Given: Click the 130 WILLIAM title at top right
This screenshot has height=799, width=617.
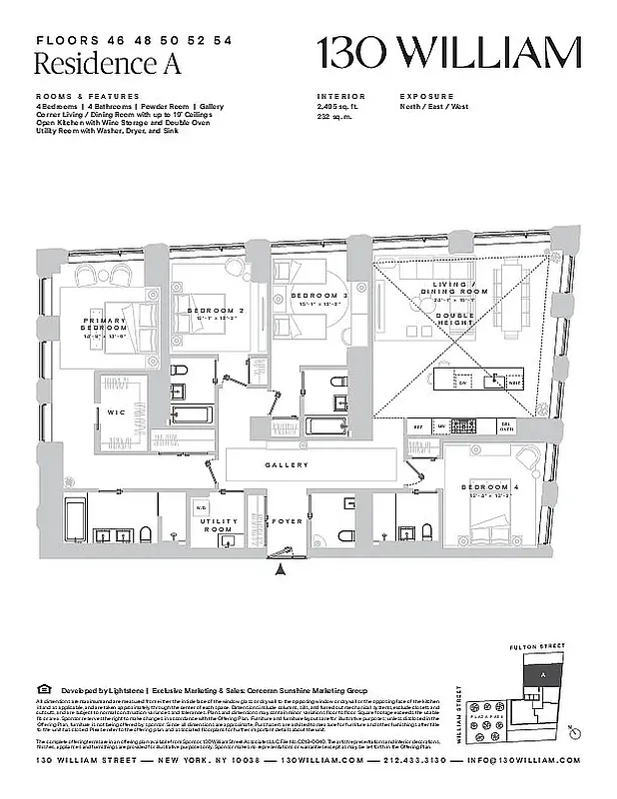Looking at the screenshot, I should (448, 51).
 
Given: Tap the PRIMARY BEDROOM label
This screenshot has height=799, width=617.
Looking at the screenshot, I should (105, 324).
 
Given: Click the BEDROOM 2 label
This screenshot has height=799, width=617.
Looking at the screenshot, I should (217, 311).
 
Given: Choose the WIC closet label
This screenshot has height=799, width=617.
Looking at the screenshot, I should (115, 412).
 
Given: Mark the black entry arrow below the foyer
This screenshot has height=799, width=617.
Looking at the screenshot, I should (282, 570).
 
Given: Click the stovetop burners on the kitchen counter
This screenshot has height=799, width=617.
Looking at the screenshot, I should (464, 424).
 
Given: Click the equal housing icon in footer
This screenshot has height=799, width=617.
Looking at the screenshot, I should (42, 690).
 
